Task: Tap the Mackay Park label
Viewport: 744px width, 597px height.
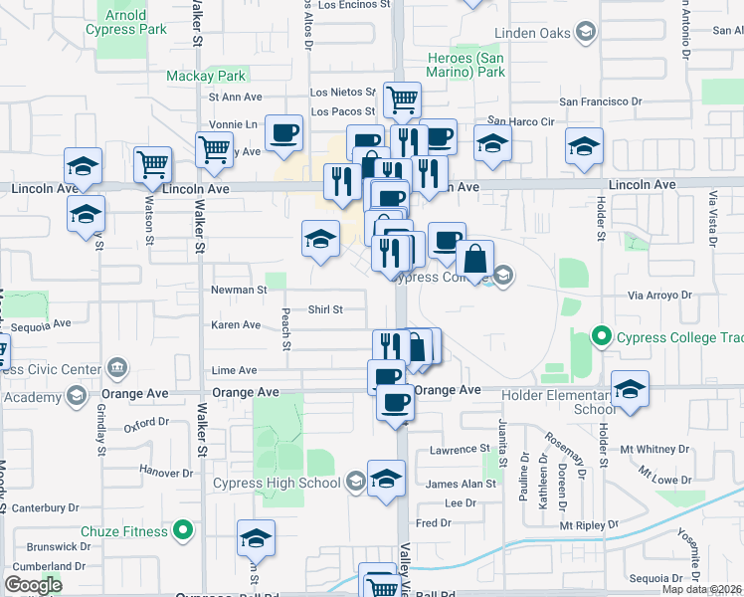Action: click(206, 76)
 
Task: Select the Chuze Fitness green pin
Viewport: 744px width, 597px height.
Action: click(182, 531)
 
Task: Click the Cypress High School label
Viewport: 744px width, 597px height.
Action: click(277, 484)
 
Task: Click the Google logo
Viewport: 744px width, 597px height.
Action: click(33, 585)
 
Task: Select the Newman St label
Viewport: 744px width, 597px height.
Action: click(239, 290)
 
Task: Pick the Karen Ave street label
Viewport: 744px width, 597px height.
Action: click(236, 325)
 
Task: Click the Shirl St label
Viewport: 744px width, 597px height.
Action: click(324, 309)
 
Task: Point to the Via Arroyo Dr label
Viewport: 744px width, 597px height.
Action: click(659, 295)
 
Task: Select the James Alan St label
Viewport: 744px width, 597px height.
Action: click(461, 484)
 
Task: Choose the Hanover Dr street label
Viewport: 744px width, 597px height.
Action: click(166, 470)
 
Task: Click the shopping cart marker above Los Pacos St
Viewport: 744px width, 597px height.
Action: click(402, 99)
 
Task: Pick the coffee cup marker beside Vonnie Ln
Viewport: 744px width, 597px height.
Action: click(283, 132)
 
